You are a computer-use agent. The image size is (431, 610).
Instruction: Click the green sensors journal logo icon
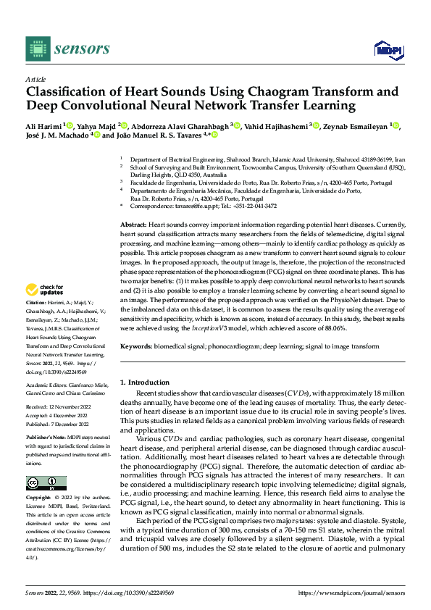tap(36, 48)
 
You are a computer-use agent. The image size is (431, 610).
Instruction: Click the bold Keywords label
tap(136, 347)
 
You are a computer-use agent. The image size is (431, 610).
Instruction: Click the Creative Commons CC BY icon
tap(46, 483)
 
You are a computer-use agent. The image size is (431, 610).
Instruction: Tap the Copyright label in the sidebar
tap(38, 499)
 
